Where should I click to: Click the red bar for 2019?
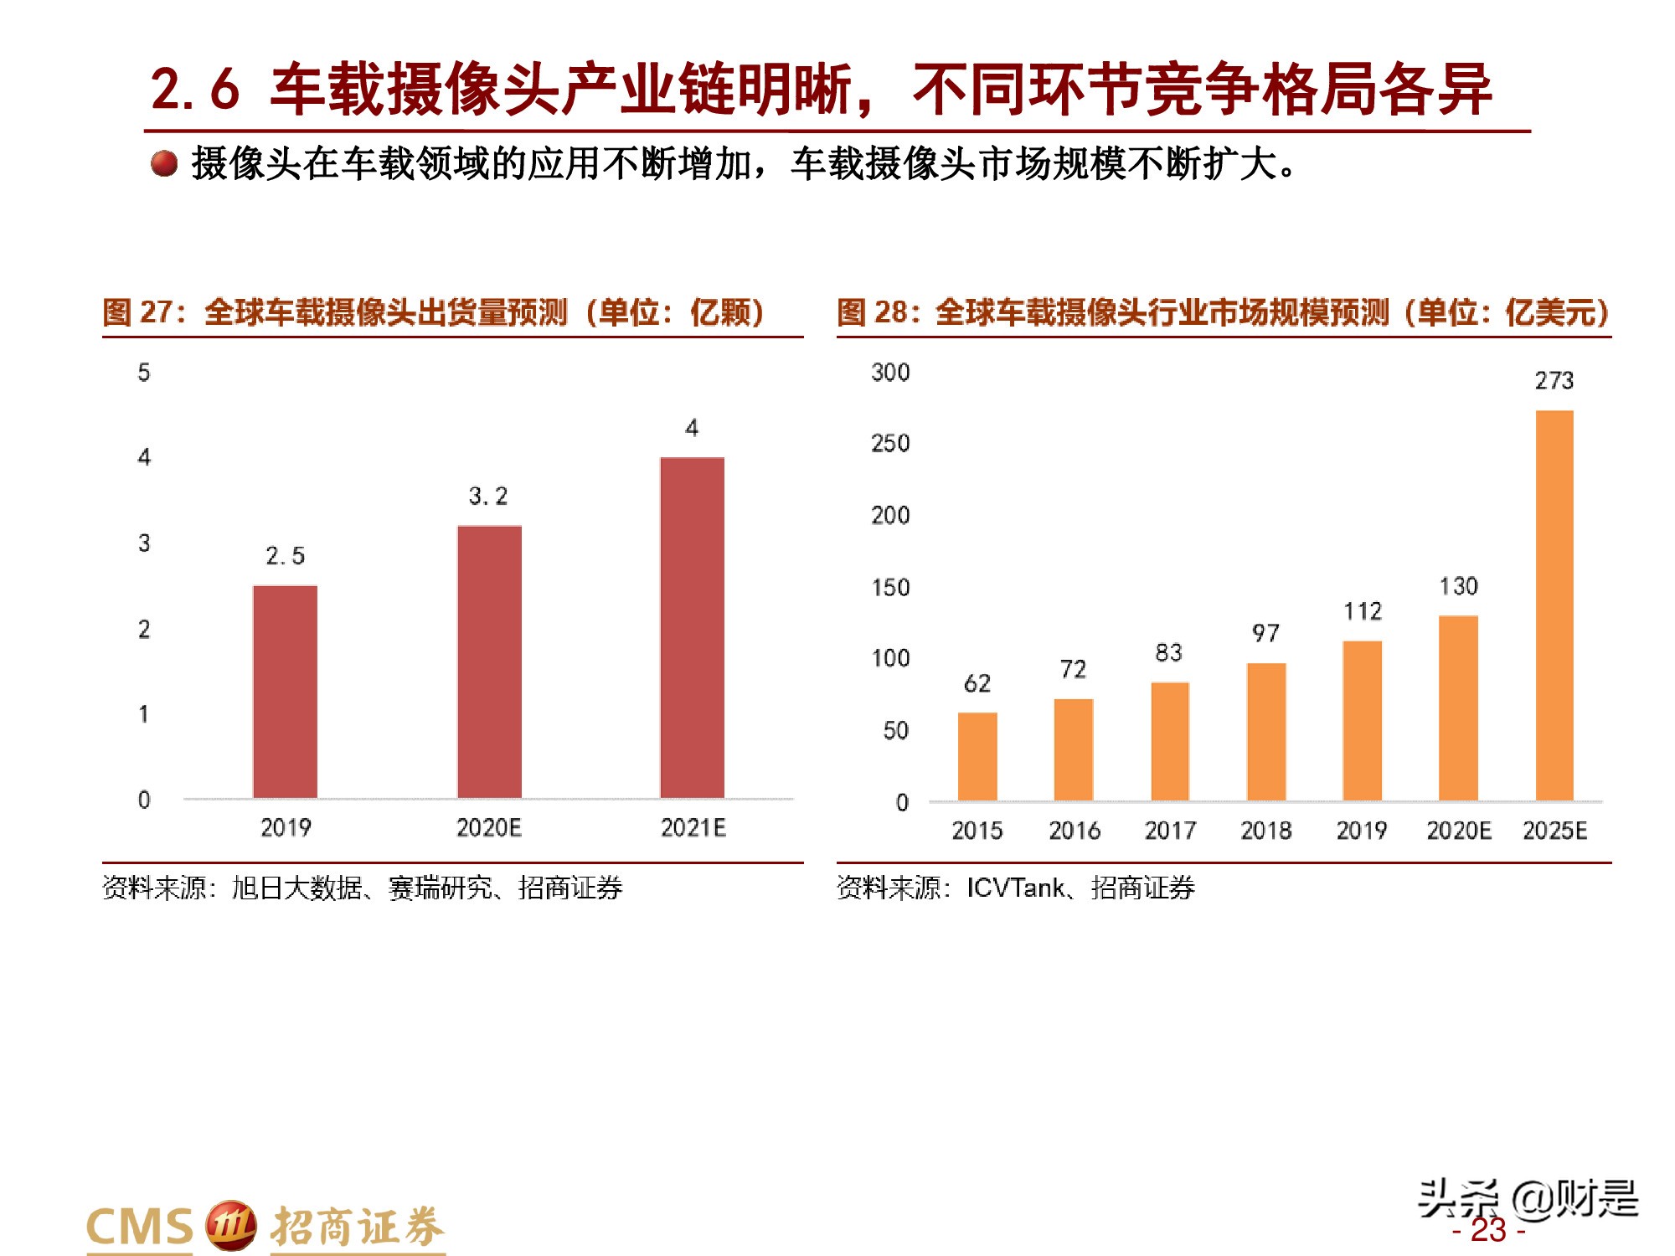click(285, 692)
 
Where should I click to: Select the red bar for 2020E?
click(489, 661)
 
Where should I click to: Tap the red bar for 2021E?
click(692, 628)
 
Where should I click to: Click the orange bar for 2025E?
click(1554, 605)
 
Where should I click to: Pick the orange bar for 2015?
click(977, 756)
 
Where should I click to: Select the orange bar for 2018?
click(1265, 732)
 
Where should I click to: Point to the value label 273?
click(1554, 381)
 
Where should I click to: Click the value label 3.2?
click(488, 497)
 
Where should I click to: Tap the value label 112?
click(1363, 611)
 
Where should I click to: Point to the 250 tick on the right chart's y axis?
click(890, 443)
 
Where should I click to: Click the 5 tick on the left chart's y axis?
click(144, 373)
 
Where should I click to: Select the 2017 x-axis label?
click(1170, 831)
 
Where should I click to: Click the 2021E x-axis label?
click(693, 828)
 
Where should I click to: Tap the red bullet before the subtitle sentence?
click(164, 163)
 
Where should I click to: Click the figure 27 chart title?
click(433, 312)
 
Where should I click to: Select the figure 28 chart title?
click(1223, 312)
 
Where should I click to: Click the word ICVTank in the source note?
click(1015, 888)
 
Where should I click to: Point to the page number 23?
click(1488, 1230)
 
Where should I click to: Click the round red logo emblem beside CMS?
click(230, 1226)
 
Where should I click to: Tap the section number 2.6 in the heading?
click(194, 90)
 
